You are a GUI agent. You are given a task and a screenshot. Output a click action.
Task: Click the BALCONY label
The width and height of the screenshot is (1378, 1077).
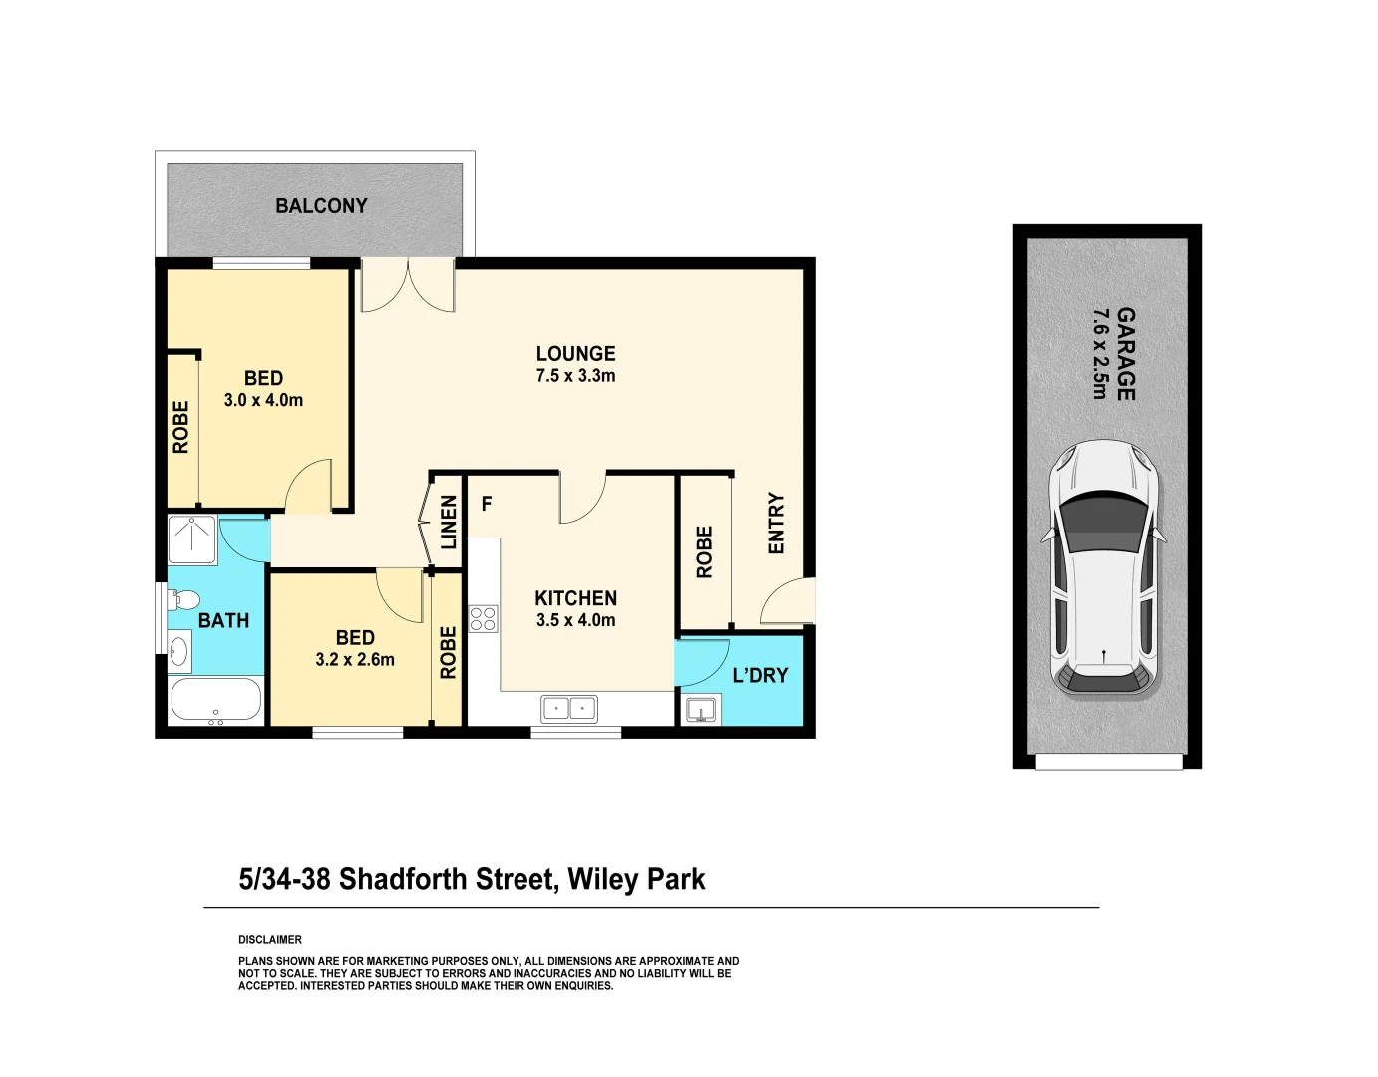coord(321,206)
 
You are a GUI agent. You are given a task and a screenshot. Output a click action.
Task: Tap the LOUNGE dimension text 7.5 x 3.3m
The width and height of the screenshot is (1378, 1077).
coord(575,376)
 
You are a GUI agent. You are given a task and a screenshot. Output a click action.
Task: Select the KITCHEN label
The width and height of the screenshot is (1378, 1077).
coord(575,598)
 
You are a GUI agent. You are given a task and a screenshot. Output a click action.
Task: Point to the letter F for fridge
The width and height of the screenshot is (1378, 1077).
coord(487,504)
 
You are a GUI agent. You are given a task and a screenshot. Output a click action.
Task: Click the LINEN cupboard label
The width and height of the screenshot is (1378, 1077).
coord(449,522)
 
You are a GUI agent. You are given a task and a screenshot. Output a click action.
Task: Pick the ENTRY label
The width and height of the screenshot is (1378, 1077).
coord(776,524)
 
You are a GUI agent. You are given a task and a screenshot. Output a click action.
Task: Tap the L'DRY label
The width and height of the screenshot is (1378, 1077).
coord(760,676)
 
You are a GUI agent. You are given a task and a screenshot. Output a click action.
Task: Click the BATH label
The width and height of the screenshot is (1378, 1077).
coord(223,621)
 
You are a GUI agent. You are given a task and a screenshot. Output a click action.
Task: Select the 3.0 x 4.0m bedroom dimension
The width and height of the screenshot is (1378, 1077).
coord(263,400)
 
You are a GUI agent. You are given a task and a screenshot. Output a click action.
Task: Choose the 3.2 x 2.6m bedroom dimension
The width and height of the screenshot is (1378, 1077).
coord(355,660)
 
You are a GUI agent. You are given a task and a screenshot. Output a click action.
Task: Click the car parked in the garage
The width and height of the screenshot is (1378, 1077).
coord(1104,568)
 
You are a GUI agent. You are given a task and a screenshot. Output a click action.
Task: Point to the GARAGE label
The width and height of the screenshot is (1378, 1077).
coord(1125,354)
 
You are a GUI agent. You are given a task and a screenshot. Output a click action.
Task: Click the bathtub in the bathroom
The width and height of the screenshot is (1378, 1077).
coord(216,700)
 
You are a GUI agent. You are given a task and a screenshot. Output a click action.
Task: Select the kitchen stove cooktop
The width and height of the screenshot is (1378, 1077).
coord(483,619)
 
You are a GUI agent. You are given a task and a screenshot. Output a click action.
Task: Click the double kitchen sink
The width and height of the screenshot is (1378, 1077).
coord(568,709)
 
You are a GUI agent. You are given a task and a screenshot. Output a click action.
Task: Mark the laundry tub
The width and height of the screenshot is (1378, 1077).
coord(701,710)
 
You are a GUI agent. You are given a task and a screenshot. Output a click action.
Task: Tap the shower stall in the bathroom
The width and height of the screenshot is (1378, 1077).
coord(191,539)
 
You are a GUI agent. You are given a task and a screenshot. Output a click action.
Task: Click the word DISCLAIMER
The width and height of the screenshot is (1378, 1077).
coord(270,940)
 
